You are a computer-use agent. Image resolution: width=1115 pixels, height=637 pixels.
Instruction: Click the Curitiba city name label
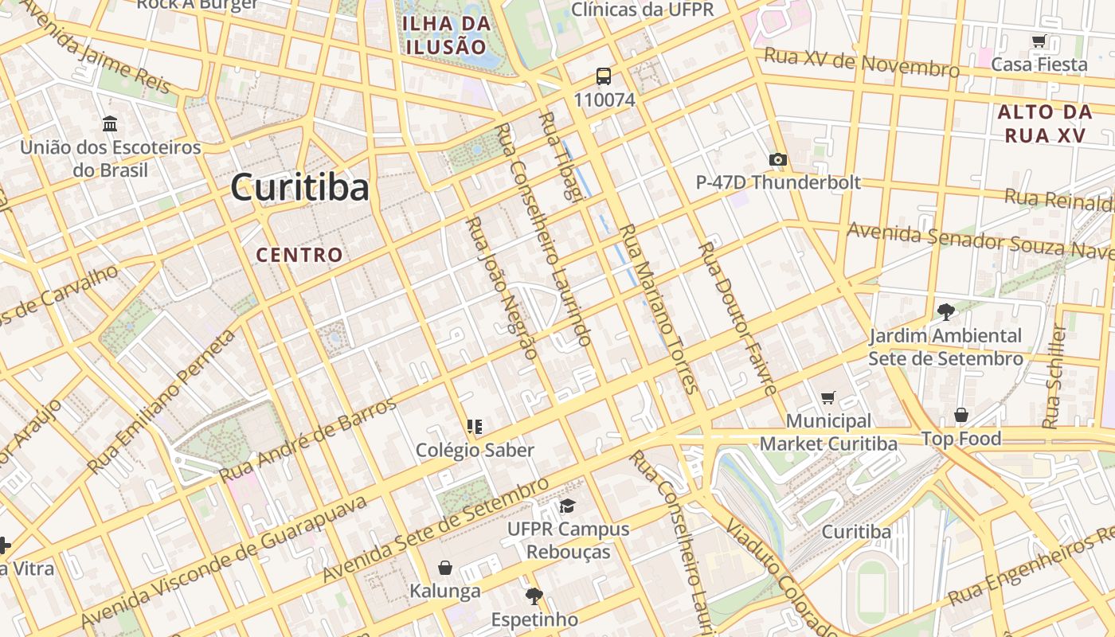[300, 188]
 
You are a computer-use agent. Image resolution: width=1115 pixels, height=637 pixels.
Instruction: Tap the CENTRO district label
[299, 255]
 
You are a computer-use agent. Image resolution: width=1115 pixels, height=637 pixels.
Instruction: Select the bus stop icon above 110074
[604, 76]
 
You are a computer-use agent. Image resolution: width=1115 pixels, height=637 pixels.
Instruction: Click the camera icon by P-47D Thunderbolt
[778, 159]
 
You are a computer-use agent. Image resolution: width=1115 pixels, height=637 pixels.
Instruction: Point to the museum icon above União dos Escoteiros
[110, 124]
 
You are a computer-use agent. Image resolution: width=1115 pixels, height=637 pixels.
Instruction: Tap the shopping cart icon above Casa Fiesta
[1039, 41]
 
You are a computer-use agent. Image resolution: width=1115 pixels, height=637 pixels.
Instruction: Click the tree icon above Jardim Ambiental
[945, 311]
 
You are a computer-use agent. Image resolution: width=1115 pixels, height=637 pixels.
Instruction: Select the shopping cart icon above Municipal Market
[828, 397]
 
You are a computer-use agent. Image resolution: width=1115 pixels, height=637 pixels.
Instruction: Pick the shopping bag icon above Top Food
[961, 415]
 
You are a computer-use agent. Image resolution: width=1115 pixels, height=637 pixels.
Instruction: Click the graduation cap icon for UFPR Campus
[567, 506]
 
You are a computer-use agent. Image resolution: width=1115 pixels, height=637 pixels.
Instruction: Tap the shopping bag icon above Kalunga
[445, 568]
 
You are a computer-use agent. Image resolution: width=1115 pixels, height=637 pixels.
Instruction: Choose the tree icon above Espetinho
[534, 596]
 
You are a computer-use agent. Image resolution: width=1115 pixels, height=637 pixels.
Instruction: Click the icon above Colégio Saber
[475, 427]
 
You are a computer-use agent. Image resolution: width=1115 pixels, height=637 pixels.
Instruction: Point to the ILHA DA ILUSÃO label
[446, 34]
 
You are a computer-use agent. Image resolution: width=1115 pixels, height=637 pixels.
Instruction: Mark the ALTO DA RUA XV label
[1042, 123]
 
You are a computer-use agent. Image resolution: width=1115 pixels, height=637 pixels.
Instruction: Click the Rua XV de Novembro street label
[862, 62]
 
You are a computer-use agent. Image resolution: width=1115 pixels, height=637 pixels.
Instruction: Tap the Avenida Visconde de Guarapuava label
[223, 561]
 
